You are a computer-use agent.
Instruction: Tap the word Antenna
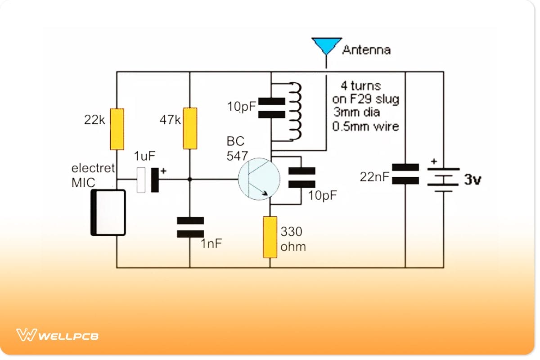pos(366,49)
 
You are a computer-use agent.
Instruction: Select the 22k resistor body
pos(117,129)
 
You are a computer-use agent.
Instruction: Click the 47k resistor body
pos(190,128)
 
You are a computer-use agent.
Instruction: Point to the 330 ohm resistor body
pos(270,237)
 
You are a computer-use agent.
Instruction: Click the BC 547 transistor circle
pos(259,179)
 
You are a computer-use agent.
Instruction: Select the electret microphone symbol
pos(108,212)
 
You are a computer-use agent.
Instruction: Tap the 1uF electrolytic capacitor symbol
pos(148,180)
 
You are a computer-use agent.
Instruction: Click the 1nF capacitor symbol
pos(190,227)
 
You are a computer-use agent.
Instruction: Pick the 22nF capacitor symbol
pos(405,174)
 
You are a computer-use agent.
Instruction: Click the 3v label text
pos(472,180)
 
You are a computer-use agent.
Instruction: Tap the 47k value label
pos(171,120)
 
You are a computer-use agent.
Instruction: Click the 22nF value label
pos(374,177)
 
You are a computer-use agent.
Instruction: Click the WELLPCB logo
pos(58,336)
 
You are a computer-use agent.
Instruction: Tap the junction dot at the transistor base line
pos(190,179)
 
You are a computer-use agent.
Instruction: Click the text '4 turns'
pos(361,85)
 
